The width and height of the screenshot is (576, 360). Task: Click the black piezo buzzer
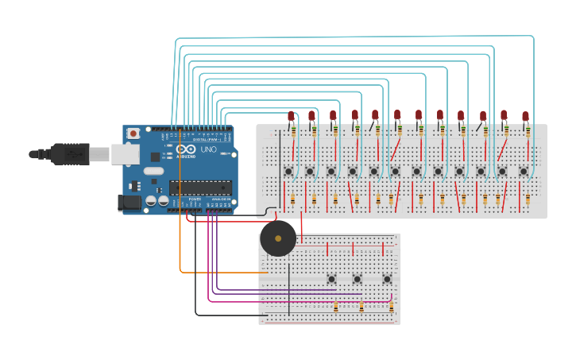(277, 238)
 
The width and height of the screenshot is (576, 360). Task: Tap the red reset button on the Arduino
(133, 133)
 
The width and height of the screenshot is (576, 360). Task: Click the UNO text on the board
(208, 149)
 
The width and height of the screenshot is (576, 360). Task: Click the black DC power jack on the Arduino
(129, 203)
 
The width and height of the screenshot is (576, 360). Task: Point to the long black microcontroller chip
(200, 188)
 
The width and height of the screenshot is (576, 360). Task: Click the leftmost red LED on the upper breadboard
(291, 116)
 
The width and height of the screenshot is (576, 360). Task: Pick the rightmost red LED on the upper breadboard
(525, 116)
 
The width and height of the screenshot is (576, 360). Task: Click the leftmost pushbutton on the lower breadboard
(331, 278)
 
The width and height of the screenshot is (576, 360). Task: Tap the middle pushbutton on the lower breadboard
(358, 278)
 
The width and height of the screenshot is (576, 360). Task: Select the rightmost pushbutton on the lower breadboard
(387, 278)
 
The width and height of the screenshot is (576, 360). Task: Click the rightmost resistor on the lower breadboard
(390, 306)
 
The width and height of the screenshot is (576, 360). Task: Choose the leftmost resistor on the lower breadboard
(336, 306)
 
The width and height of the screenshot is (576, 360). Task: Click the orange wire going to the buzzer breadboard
(181, 223)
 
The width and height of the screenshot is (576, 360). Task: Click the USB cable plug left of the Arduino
(68, 153)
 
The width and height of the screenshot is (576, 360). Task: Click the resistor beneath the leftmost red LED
(293, 131)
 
